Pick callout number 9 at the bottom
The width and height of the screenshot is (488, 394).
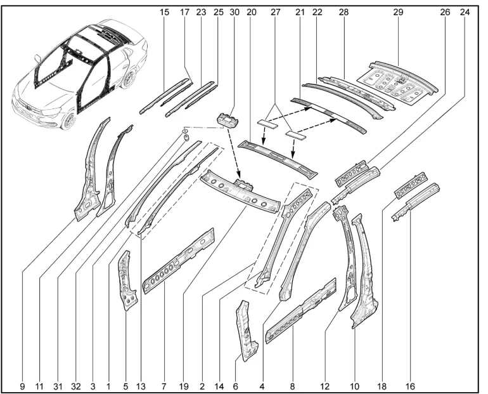coord(22,384)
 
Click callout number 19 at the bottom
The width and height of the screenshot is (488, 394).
coord(184,384)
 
